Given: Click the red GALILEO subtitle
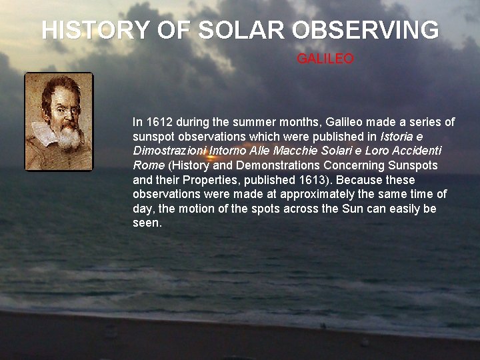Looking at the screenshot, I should pyautogui.click(x=325, y=59).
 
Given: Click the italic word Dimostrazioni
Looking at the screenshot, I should pyautogui.click(x=169, y=151).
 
